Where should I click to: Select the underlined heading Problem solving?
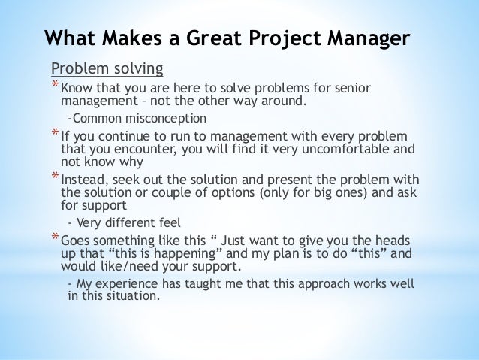point(107,70)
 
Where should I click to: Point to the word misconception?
point(160,118)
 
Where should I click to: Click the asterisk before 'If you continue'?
point(54,135)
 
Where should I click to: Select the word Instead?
point(85,180)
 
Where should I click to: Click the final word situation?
point(134,295)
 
